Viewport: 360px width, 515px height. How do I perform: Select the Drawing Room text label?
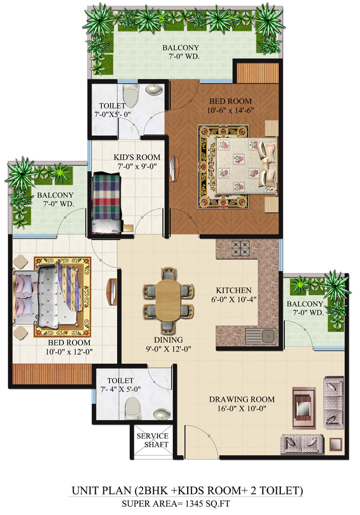[241, 399]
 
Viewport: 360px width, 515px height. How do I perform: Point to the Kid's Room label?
[137, 157]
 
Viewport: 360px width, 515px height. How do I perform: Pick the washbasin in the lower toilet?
[163, 414]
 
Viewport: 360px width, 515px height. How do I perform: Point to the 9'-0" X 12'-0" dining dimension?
[168, 350]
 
